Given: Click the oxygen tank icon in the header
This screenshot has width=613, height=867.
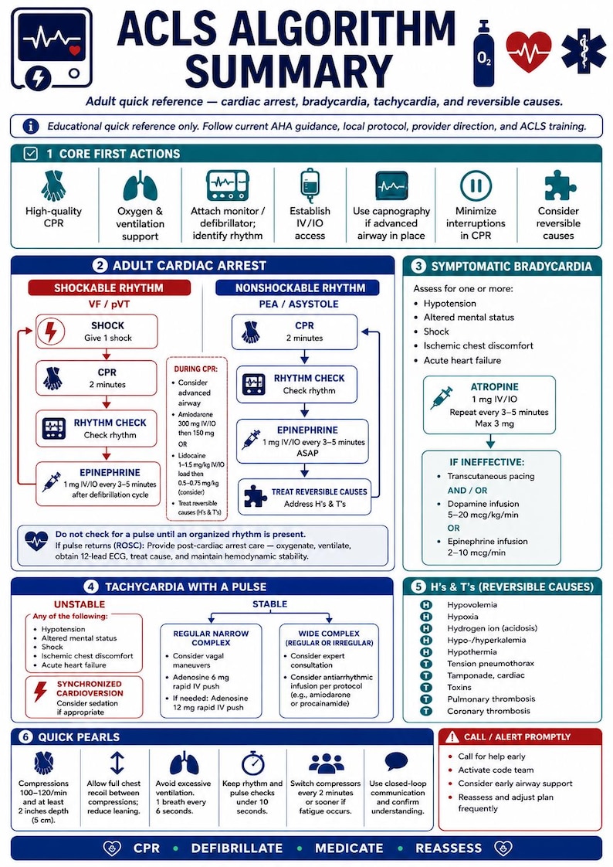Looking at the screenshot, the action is point(484,53).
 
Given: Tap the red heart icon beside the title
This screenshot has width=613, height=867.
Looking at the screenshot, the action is point(529,52).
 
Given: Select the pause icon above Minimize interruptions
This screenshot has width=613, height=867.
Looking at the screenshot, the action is point(476,185).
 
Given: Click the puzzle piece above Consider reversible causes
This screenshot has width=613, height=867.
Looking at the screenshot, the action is point(559,185).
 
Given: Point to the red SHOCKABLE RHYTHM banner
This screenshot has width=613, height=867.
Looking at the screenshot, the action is point(109,287).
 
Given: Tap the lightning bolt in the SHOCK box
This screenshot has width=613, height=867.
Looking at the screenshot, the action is point(51,331).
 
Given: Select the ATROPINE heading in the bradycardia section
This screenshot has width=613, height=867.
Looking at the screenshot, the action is point(494,387).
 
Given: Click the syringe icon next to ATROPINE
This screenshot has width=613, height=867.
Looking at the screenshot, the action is point(442,397).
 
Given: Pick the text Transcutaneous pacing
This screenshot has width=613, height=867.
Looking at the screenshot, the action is point(491,476).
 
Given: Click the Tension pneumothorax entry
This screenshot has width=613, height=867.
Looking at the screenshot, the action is point(490,664).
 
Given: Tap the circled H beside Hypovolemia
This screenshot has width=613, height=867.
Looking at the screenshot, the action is point(426,605).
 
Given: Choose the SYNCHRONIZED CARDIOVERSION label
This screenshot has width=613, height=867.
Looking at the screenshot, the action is point(90,688).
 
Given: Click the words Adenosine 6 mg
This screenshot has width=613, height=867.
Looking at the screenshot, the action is point(201,677).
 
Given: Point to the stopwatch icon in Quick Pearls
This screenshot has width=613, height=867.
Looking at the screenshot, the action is point(253,763).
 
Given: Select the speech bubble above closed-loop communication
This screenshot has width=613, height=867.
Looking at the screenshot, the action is point(396,761).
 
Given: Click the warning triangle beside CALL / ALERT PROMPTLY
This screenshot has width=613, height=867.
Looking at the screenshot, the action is point(452,736).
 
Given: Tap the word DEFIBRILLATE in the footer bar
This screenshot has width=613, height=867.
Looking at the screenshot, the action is point(237,848).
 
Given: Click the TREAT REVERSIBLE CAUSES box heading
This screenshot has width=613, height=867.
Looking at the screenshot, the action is point(319,491).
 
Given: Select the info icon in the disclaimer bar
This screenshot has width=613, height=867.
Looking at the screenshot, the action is point(31,126).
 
